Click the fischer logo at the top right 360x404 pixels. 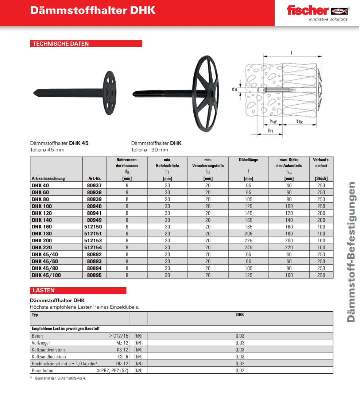point(317,11)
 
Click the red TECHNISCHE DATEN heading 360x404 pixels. point(61,44)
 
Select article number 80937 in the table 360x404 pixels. point(94,185)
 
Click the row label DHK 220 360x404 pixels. point(42,247)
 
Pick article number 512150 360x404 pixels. point(94,227)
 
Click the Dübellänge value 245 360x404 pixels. point(248,247)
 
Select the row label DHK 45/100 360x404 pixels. point(46,275)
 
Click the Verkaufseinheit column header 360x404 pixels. point(321,163)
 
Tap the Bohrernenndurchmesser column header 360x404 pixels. point(127,163)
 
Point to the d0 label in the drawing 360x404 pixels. point(234,89)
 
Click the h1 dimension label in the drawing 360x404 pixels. point(270,131)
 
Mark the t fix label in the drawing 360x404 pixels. point(299,122)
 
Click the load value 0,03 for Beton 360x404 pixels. point(240,336)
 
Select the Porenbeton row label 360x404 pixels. point(42,370)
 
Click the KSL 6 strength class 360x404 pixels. point(123,357)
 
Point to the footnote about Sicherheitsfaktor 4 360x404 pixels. point(60,378)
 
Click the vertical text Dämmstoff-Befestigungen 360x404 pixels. point(351,252)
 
